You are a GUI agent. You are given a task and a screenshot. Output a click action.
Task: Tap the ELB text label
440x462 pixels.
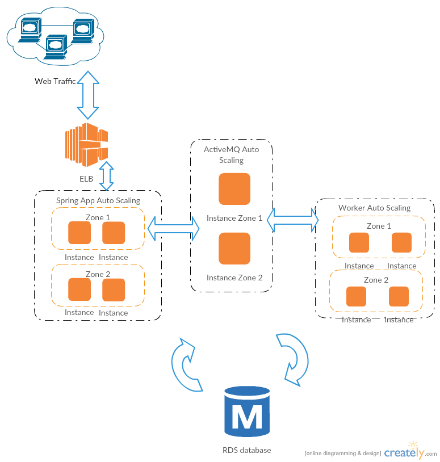[86, 179]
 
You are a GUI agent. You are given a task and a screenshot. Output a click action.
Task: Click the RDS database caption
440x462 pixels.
[247, 450]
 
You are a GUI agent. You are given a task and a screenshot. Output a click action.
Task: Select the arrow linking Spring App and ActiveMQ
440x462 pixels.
[174, 228]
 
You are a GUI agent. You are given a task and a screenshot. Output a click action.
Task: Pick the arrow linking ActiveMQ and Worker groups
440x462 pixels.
[292, 220]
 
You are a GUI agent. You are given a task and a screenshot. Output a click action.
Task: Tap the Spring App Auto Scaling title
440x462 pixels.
[98, 200]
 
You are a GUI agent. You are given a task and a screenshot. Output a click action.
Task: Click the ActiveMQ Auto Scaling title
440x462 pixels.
[231, 154]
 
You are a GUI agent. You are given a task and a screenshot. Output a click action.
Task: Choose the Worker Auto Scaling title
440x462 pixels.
[374, 208]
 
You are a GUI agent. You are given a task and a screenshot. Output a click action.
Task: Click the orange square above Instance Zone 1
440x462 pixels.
[234, 188]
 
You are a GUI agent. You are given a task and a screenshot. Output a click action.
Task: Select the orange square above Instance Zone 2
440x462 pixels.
[234, 249]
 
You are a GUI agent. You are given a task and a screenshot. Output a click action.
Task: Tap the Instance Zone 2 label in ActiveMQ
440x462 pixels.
[234, 278]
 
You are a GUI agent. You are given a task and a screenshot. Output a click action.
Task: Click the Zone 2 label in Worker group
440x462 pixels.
[376, 280]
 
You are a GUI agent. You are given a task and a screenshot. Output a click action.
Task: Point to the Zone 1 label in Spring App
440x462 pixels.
[98, 217]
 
